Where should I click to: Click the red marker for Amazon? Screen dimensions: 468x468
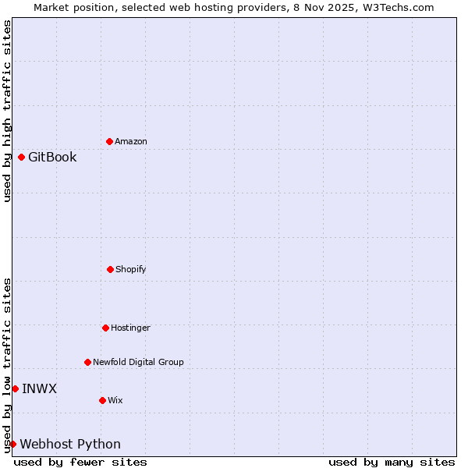point(109,141)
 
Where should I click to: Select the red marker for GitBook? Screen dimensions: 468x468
point(21,157)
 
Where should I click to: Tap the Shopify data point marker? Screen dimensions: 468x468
point(110,269)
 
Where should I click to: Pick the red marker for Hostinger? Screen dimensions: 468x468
point(105,328)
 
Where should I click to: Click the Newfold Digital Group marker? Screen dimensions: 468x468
point(87,362)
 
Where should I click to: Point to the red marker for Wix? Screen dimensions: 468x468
point(102,400)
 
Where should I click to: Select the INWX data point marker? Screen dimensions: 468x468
point(15,388)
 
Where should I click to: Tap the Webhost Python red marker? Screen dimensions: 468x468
point(12,444)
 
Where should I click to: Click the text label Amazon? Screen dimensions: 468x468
point(131,141)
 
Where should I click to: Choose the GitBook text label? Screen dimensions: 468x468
point(52,157)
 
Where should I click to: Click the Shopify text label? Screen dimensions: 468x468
point(131,269)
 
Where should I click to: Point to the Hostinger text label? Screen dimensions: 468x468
point(130,328)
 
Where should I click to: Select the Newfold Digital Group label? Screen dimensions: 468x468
point(138,362)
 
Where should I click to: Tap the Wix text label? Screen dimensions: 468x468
point(115,400)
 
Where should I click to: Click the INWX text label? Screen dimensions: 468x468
point(39,388)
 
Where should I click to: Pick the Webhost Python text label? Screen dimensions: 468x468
point(70,444)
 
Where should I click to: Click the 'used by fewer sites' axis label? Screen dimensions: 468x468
point(80,462)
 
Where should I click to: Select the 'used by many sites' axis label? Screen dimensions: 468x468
point(392,462)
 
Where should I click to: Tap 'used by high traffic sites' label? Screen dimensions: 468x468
point(7,111)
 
